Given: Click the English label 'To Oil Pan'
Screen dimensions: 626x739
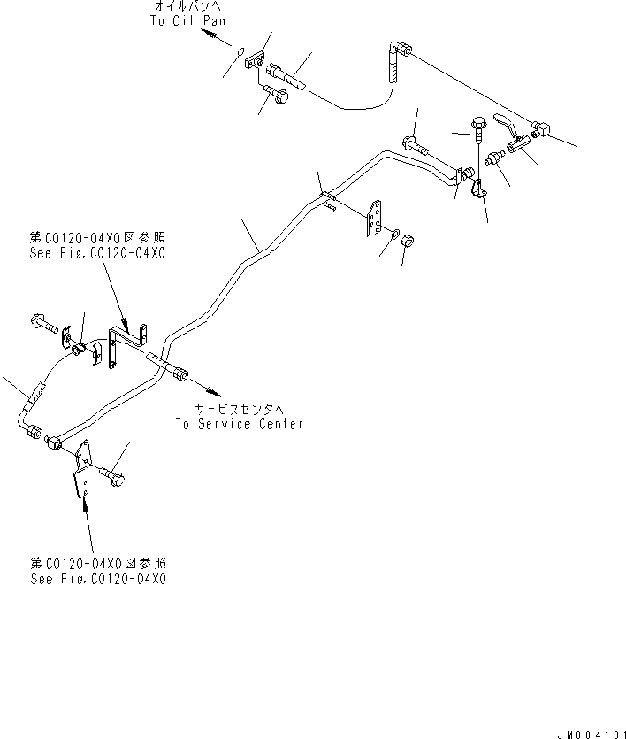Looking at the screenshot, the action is tap(187, 20).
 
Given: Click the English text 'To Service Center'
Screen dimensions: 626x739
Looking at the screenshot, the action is tap(240, 424).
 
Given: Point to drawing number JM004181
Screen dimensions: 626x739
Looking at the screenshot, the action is tap(592, 735).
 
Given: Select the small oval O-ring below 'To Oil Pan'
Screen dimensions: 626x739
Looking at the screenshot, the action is tap(240, 50).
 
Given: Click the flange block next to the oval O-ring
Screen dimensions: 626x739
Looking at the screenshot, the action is tap(255, 60).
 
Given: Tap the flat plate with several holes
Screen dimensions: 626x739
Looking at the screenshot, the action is tap(375, 219).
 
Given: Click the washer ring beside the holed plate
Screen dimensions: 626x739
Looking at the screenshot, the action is tap(394, 233).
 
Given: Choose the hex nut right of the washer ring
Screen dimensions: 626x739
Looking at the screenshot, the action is tap(408, 242).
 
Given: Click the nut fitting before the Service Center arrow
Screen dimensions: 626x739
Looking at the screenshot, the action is tap(181, 374).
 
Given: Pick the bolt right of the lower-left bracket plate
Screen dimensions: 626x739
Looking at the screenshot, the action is tap(113, 476).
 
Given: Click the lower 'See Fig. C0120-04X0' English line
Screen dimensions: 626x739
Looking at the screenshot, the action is tap(98, 579).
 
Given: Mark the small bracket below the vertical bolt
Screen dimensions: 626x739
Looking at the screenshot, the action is tap(478, 189).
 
